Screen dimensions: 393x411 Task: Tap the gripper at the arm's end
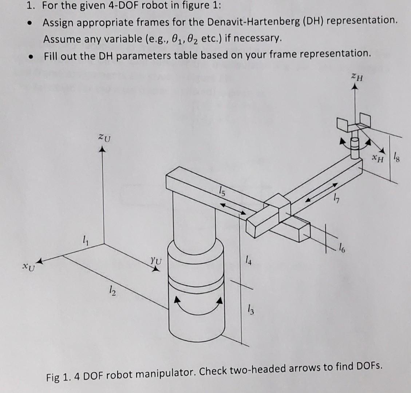point(353,125)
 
